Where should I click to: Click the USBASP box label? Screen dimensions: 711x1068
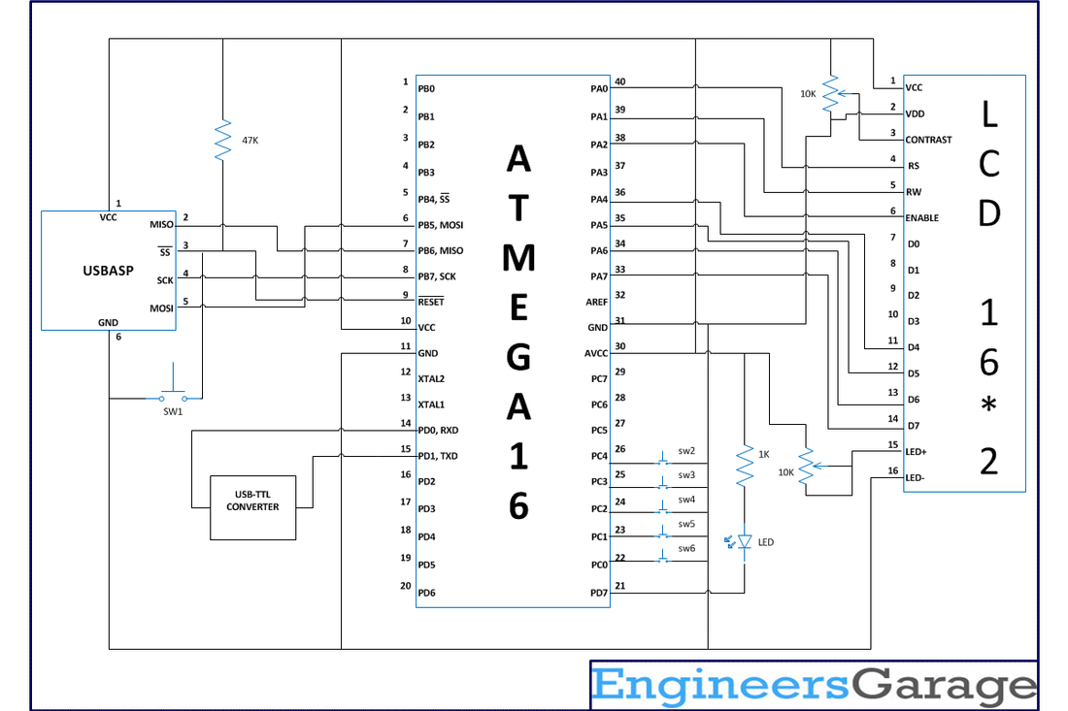pyautogui.click(x=108, y=271)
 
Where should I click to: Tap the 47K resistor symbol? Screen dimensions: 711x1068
pyautogui.click(x=223, y=140)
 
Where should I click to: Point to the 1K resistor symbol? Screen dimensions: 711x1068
pyautogui.click(x=745, y=467)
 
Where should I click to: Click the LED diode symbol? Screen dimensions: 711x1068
pyautogui.click(x=745, y=542)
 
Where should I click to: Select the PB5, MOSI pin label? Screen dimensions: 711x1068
pyautogui.click(x=440, y=225)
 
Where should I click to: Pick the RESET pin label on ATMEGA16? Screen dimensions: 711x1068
pyautogui.click(x=430, y=302)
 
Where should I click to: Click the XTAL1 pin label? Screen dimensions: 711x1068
pyautogui.click(x=433, y=404)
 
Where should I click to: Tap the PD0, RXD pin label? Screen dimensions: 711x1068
pyautogui.click(x=438, y=430)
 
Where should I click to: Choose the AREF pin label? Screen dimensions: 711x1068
pyautogui.click(x=597, y=302)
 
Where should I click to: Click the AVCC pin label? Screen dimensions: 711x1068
pyautogui.click(x=596, y=353)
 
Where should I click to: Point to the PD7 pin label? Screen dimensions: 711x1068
pyautogui.click(x=598, y=592)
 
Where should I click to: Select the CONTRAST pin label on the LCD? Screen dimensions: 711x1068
pyautogui.click(x=928, y=140)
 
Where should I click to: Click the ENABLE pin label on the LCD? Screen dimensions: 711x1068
pyautogui.click(x=921, y=217)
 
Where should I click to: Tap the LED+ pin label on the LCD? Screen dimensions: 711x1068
pyautogui.click(x=916, y=451)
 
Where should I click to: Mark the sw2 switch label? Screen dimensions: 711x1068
pyautogui.click(x=686, y=451)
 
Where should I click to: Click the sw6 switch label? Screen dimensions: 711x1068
pyautogui.click(x=686, y=548)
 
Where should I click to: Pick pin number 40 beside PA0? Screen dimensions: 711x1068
pyautogui.click(x=620, y=81)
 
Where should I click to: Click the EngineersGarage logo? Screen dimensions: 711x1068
pyautogui.click(x=814, y=686)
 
